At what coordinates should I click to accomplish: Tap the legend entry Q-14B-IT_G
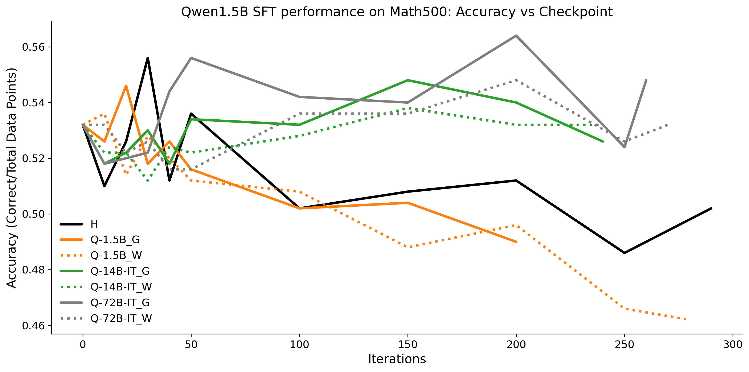pos(120,271)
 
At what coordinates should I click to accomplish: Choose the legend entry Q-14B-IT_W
pos(121,287)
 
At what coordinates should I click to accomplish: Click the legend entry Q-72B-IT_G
pos(120,303)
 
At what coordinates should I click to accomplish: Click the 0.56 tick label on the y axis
pos(34,47)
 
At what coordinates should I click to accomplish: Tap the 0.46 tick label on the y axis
pos(34,326)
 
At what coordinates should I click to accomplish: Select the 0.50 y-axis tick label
pos(34,214)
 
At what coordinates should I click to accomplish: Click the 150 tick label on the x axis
pos(408,345)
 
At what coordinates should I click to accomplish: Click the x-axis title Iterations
pos(397,359)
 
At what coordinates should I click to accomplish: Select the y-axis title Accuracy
pos(12,178)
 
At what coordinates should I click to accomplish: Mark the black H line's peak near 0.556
pos(148,58)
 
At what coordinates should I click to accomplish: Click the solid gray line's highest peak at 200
pos(516,36)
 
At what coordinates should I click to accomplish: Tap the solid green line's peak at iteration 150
pos(408,80)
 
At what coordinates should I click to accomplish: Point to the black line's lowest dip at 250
pos(624,253)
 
